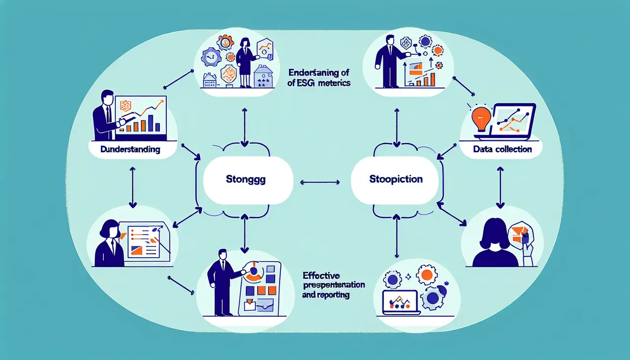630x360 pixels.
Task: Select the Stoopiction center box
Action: [395, 180]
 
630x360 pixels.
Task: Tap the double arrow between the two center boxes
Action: [319, 182]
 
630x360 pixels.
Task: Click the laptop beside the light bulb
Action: [514, 121]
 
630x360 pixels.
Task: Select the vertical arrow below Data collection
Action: [500, 187]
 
